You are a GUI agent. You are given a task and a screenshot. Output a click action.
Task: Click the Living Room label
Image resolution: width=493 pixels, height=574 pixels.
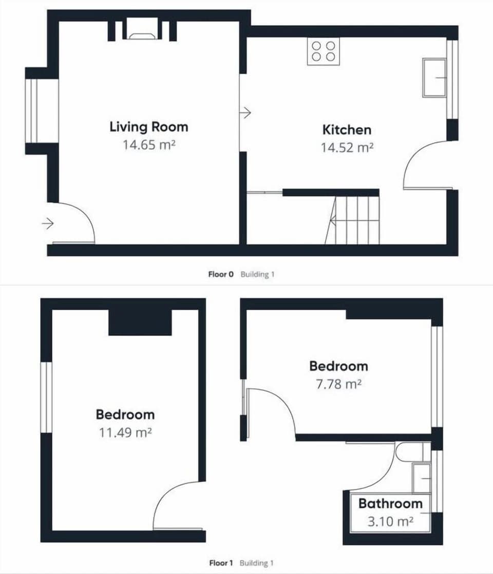coord(149,127)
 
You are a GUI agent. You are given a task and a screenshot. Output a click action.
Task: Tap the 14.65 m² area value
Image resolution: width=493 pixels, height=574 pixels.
coord(149,145)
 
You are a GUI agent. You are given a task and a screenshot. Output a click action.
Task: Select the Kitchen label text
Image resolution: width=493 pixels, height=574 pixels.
coord(347,129)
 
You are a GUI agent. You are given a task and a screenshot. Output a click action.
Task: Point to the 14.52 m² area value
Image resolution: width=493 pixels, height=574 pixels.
coord(347,148)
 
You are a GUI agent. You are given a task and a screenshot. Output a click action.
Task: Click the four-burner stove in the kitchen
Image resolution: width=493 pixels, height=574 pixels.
coord(323,51)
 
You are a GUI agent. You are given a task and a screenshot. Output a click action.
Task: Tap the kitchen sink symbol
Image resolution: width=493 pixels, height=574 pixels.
coord(434,77)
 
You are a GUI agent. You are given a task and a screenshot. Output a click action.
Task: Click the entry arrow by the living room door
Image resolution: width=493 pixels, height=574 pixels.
coord(48,224)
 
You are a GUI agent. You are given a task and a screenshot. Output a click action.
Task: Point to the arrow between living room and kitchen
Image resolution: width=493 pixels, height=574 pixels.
coord(246,112)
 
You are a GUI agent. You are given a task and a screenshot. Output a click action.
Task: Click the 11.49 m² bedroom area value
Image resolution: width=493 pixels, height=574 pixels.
coord(125,432)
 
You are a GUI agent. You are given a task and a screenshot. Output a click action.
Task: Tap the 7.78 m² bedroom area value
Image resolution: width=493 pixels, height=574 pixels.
coord(338,384)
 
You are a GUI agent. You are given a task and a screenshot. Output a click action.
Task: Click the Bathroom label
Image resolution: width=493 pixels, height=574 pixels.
coord(390,503)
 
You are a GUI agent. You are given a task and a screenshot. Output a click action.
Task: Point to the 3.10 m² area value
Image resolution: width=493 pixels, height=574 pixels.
coord(390,522)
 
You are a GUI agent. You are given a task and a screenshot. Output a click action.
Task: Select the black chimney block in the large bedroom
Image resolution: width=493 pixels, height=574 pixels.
coord(140,323)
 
